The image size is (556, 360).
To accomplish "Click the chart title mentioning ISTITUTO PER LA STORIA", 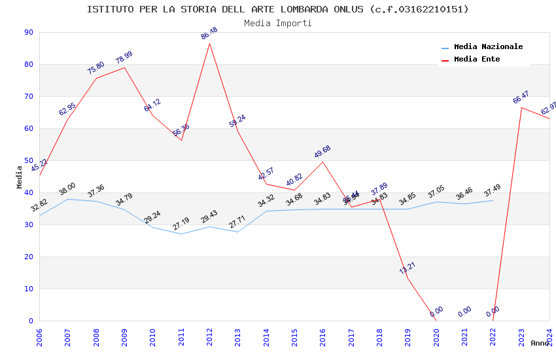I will [x=278, y=9].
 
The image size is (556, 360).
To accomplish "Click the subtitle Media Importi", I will [x=278, y=23].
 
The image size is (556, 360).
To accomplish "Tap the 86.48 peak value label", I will [x=209, y=34].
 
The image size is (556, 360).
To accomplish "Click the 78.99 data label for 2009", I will [x=124, y=58].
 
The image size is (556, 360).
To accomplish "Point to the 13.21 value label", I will [x=408, y=268].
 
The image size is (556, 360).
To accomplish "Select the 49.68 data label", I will [x=322, y=152].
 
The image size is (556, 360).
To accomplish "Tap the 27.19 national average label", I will [x=181, y=224].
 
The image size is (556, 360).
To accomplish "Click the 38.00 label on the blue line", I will [x=67, y=189].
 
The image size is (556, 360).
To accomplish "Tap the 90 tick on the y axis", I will [x=29, y=33].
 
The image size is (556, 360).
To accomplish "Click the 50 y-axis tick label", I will [x=29, y=160].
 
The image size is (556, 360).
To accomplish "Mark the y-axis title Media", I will [x=20, y=177].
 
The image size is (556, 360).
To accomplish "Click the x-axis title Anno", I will [x=540, y=343].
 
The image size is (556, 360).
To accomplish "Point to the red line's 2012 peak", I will [x=209, y=43].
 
